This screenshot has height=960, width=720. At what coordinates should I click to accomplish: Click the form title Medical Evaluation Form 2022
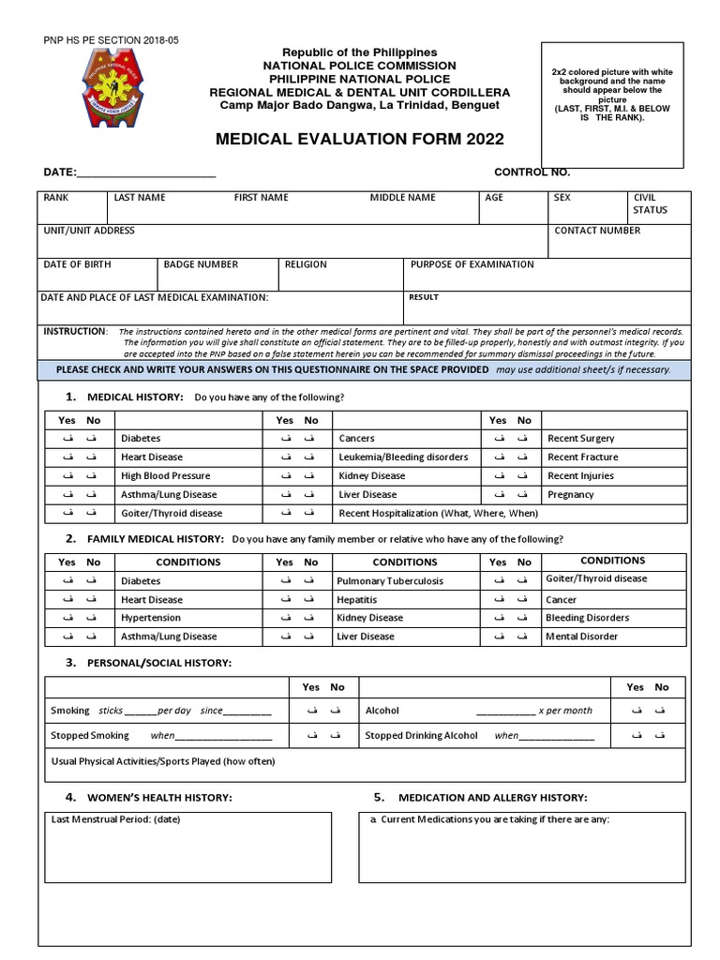(x=360, y=140)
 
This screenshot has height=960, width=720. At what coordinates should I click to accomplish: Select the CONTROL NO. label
(x=532, y=172)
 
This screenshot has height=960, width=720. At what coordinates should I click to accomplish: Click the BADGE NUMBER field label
(x=201, y=264)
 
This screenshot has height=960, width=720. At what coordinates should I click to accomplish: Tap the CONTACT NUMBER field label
(x=597, y=231)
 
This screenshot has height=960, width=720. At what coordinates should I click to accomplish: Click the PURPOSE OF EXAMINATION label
(x=472, y=264)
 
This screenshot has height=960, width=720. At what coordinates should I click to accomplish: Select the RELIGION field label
(x=307, y=264)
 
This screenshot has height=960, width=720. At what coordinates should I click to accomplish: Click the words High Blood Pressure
(x=165, y=475)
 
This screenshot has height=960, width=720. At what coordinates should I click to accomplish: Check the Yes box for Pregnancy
(x=498, y=494)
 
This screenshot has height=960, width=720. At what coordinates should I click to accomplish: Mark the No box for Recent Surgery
(x=524, y=438)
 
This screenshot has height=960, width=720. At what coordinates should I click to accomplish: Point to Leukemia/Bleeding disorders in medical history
(x=402, y=457)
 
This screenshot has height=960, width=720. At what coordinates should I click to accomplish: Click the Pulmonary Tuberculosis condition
(x=390, y=580)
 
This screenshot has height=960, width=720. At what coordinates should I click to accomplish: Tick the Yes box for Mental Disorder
(x=498, y=637)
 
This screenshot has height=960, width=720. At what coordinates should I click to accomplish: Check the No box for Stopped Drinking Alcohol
(x=662, y=735)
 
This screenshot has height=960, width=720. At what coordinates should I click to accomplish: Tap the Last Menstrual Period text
(x=114, y=819)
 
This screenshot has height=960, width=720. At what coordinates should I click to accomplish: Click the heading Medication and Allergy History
(x=493, y=797)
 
